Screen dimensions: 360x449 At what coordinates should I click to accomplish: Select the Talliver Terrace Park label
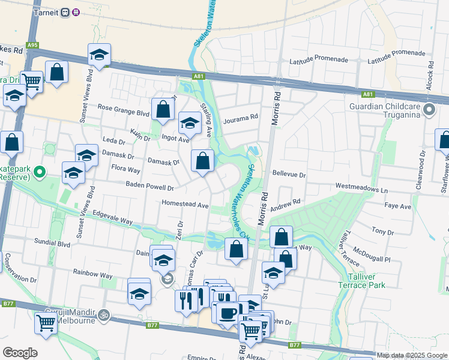(366, 281)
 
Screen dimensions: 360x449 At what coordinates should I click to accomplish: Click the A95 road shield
(32, 45)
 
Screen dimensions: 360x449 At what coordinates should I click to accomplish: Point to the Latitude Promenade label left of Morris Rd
(319, 61)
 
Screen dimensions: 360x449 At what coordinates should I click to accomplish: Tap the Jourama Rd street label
(240, 118)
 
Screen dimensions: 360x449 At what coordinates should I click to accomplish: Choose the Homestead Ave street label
(185, 204)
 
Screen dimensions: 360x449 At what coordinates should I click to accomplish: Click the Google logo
(20, 353)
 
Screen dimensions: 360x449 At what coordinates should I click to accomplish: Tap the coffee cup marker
(227, 312)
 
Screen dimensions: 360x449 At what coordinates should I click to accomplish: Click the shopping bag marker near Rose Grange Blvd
(163, 109)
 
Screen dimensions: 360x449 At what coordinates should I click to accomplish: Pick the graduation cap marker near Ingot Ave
(190, 123)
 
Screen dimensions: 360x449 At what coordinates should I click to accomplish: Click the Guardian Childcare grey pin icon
(429, 110)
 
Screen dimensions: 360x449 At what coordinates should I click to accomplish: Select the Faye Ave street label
(398, 206)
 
